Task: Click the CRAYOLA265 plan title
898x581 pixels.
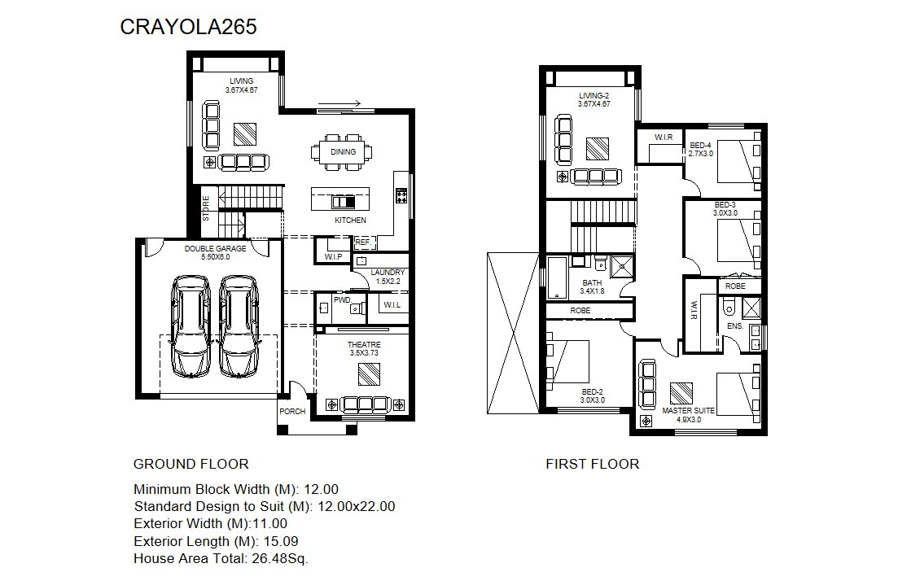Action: click(188, 27)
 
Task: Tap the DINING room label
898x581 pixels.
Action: click(343, 151)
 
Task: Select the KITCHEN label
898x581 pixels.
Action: click(351, 220)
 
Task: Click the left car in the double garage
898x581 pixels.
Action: click(191, 326)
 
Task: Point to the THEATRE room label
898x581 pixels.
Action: click(364, 344)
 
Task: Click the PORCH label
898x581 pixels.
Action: click(292, 411)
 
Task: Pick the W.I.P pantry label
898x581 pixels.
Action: click(333, 257)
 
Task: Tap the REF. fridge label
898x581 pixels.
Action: click(363, 242)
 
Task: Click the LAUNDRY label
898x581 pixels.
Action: click(388, 273)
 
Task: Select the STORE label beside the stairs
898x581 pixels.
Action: click(206, 208)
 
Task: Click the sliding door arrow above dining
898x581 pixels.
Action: click(339, 103)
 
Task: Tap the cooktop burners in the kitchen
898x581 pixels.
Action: click(401, 196)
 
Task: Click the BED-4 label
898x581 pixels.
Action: click(700, 146)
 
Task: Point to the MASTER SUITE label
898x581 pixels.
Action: click(689, 410)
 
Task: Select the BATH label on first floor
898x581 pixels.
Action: click(592, 283)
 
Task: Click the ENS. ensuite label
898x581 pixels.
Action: click(735, 325)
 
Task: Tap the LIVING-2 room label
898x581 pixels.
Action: click(594, 95)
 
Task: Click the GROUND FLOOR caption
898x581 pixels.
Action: click(191, 464)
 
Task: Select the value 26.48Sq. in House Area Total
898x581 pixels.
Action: click(280, 558)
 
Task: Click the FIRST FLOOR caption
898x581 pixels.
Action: click(593, 464)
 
